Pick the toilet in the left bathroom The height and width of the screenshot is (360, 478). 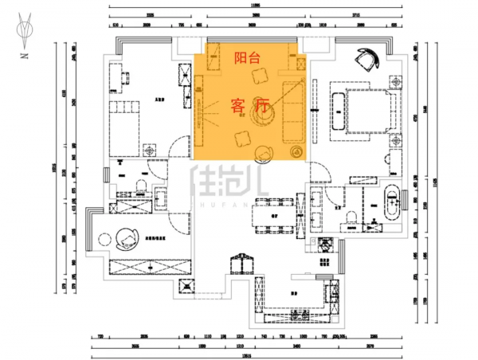(141, 188)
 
